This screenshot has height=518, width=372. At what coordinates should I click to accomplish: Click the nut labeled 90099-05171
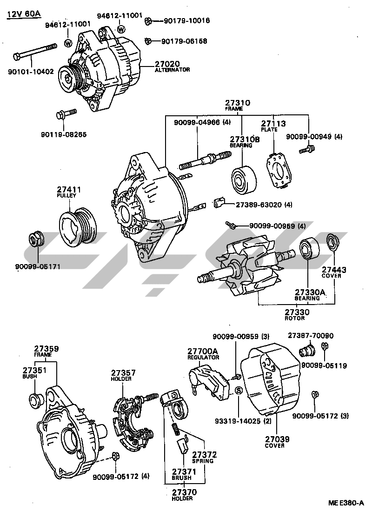tap(35, 239)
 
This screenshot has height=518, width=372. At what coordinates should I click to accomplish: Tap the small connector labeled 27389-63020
tap(220, 203)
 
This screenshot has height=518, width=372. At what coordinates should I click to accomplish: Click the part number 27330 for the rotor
tap(297, 312)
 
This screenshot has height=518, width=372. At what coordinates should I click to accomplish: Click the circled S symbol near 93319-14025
tap(238, 391)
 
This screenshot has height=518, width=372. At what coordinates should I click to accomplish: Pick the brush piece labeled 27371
tap(181, 446)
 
